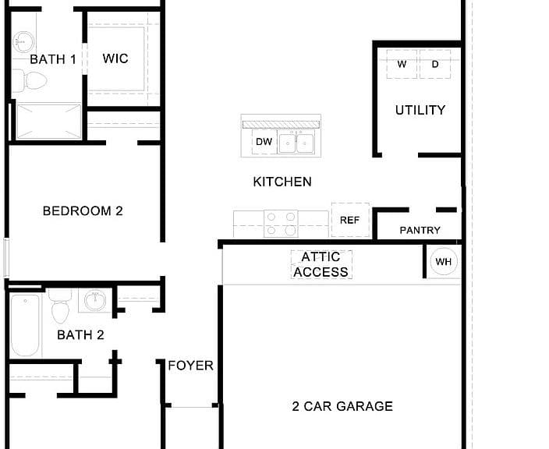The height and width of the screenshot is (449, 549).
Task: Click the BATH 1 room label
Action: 53,59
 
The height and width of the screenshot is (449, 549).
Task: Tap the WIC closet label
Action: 115,58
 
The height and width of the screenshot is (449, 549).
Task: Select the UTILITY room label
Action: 420,110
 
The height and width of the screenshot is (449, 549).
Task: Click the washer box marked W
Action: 402,64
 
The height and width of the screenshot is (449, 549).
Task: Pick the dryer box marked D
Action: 435,64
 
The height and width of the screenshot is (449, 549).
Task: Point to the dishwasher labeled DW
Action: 264,141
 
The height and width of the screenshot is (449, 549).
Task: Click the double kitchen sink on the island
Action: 296,142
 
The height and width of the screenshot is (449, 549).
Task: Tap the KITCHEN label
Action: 282,182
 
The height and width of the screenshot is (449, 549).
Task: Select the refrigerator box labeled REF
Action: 350,220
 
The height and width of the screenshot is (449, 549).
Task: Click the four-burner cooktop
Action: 281,223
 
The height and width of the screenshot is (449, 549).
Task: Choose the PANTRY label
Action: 420,230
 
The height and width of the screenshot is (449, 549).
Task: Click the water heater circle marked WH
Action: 444,261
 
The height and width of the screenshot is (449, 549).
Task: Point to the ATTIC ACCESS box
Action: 321,264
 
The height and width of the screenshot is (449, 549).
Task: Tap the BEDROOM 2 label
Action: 83,211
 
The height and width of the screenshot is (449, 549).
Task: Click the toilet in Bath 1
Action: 30,80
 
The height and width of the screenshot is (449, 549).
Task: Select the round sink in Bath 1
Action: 23,42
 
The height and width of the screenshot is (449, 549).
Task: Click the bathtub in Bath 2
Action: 25,326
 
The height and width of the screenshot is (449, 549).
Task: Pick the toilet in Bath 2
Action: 60,306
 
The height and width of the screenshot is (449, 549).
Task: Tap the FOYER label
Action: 191,366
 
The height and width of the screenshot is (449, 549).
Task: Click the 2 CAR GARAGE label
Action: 342,406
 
